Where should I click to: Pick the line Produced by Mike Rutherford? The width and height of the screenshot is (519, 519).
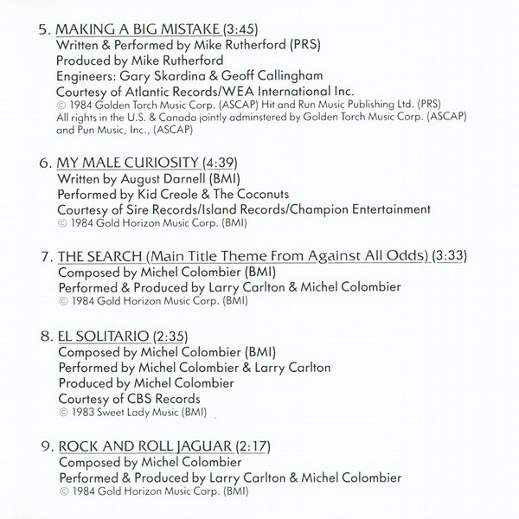coord(139,59)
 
